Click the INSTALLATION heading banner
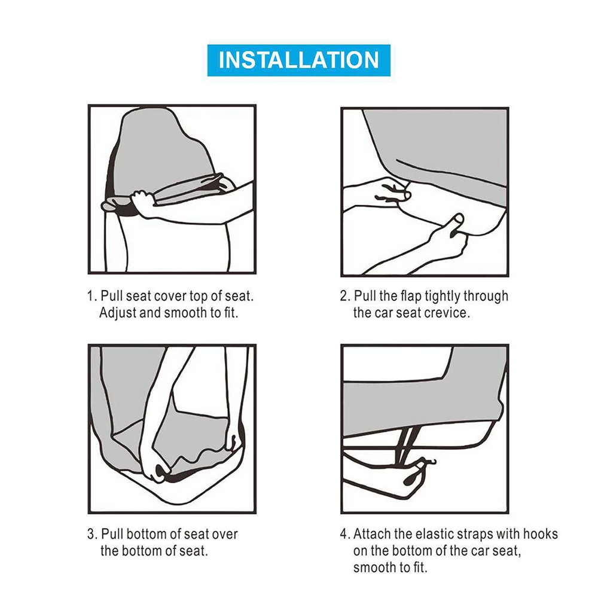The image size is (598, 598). click(298, 60)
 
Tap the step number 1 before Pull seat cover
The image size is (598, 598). click(90, 297)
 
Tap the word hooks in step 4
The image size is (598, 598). click(540, 534)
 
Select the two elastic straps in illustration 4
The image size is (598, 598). click(406, 443)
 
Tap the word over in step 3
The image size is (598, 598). click(225, 535)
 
